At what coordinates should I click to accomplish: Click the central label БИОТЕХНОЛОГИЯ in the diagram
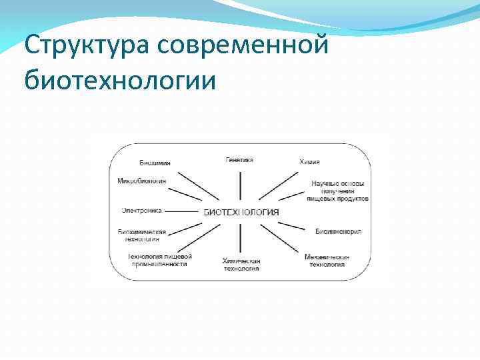tap(241, 211)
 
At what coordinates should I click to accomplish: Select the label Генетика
tap(239, 160)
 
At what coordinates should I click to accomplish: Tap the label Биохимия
tap(155, 163)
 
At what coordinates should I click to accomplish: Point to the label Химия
tap(309, 162)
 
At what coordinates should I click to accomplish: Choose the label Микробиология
tap(142, 181)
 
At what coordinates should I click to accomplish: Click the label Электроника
tap(141, 211)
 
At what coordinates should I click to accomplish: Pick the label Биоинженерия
tap(338, 231)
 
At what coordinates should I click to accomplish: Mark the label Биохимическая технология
tap(141, 235)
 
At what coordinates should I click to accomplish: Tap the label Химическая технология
tap(241, 264)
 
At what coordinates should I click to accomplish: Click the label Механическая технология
tap(327, 260)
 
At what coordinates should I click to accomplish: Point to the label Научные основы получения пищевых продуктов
tap(338, 190)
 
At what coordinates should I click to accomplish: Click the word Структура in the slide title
tap(87, 47)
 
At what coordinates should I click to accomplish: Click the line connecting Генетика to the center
tap(239, 183)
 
